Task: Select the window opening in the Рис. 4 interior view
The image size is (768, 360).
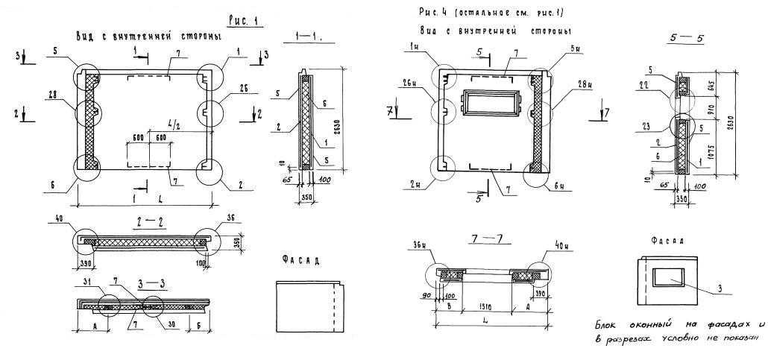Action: tap(491, 104)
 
